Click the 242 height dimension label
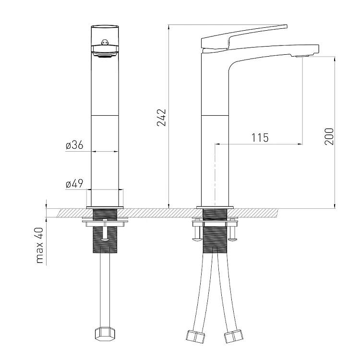(x=161, y=118)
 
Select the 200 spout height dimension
(x=329, y=136)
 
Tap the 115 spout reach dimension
(x=260, y=138)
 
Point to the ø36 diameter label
(x=74, y=145)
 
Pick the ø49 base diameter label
(x=74, y=184)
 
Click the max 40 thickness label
(x=39, y=245)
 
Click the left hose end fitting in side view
(x=195, y=336)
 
